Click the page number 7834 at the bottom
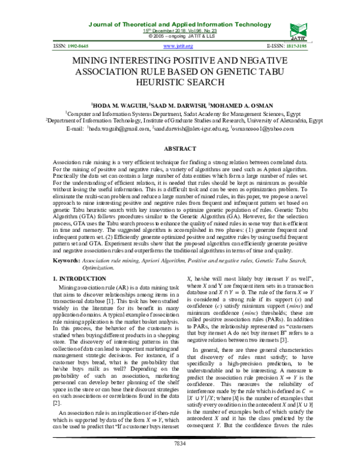point(179,459)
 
